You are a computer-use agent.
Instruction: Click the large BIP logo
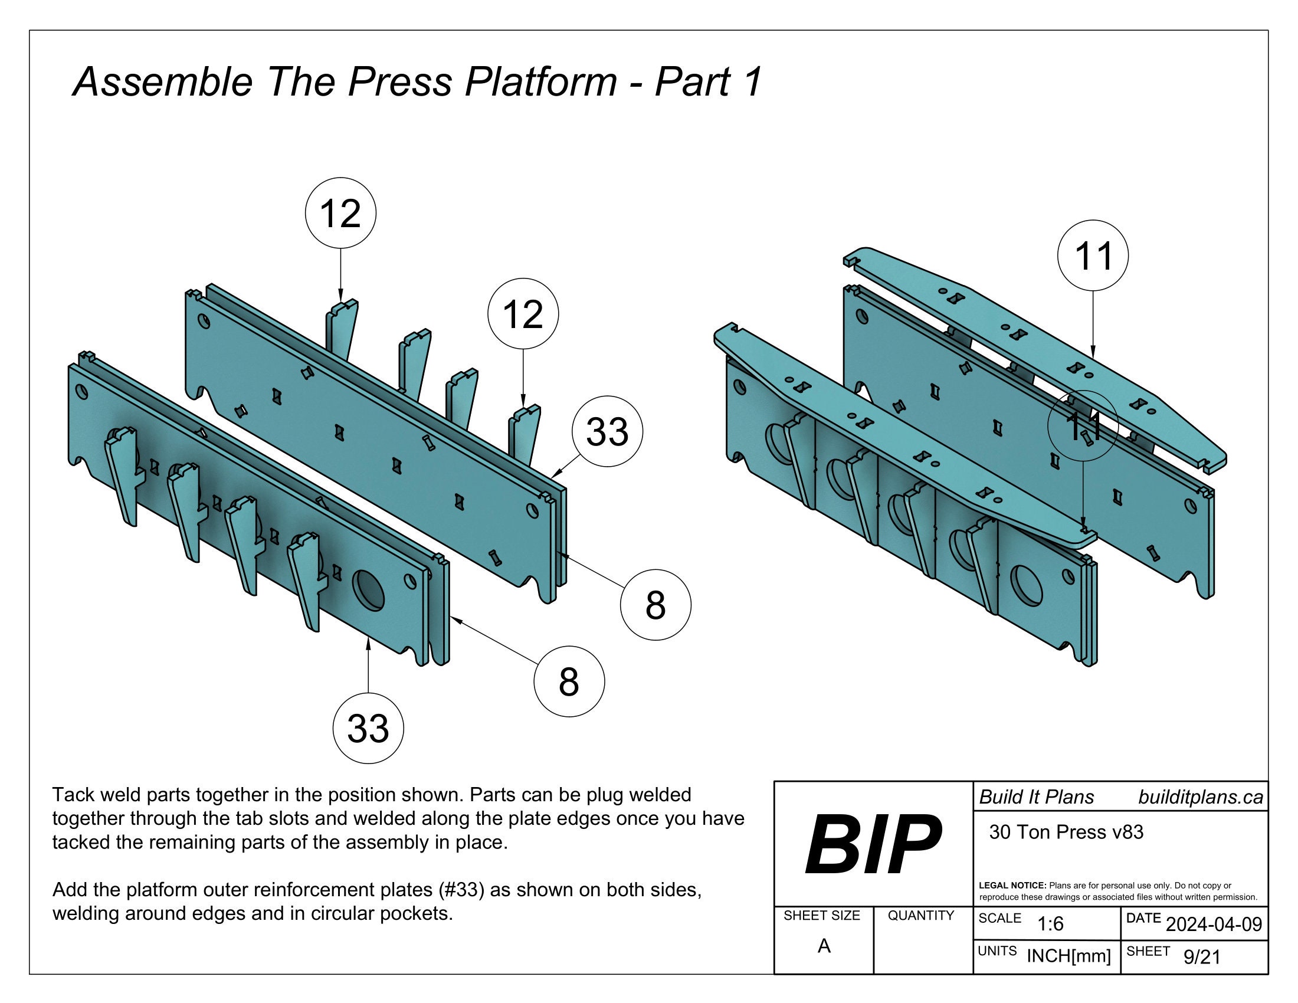click(x=873, y=844)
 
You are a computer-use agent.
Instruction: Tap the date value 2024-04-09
click(x=1214, y=924)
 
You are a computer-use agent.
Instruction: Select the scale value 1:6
click(x=1050, y=924)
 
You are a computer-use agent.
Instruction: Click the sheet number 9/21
click(x=1202, y=956)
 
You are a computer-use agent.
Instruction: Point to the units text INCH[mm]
click(x=1068, y=956)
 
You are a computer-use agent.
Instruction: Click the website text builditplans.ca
click(x=1201, y=798)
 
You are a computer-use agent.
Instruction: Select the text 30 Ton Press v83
click(x=1066, y=832)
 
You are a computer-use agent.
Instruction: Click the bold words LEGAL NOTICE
click(x=1012, y=886)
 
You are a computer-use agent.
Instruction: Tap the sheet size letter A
click(x=824, y=946)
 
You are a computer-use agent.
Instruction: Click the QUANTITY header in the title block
click(x=920, y=916)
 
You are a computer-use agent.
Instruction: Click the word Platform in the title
click(x=541, y=81)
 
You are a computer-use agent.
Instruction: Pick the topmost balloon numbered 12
click(x=340, y=213)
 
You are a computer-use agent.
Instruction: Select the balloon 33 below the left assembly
click(x=368, y=729)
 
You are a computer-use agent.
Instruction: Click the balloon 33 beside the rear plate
click(x=607, y=431)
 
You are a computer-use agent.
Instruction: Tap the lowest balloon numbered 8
click(x=569, y=681)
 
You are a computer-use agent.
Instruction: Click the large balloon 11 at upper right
click(x=1093, y=256)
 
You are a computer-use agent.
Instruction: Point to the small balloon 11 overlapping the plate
click(x=1083, y=425)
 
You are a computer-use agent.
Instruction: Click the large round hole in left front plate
click(x=369, y=589)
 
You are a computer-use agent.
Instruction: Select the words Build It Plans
click(x=1037, y=798)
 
